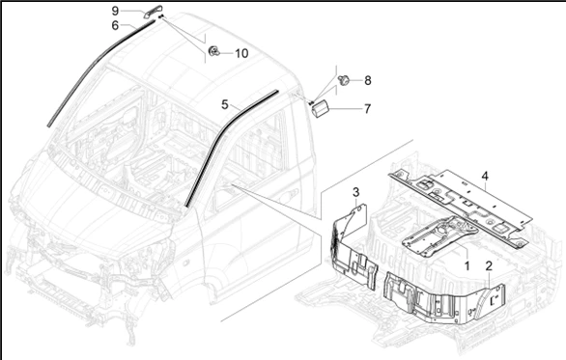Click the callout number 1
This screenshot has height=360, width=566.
tap(467, 265)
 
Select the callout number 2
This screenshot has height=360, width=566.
tap(489, 266)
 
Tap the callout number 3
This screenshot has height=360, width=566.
tap(355, 192)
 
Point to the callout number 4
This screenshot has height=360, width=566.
tap(485, 176)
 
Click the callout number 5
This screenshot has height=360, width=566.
tap(224, 104)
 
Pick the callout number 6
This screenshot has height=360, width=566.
tap(115, 26)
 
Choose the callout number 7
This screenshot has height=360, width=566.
tap(367, 108)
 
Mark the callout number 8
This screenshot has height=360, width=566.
tap(367, 80)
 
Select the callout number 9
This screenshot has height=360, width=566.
tap(115, 11)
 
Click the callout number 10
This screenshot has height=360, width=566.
tap(241, 53)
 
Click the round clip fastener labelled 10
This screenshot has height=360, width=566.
tap(214, 51)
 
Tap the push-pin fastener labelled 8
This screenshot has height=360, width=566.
tap(344, 80)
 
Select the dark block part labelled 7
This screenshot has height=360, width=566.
tap(320, 108)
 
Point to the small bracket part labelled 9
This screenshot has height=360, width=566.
tap(153, 12)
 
